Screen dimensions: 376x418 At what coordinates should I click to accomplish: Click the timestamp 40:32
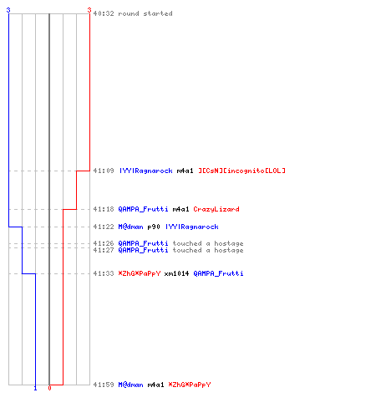pyautogui.click(x=104, y=13)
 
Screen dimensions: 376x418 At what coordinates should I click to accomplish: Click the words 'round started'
pyautogui.click(x=145, y=13)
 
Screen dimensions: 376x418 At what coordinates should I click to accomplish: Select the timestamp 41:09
pyautogui.click(x=104, y=171)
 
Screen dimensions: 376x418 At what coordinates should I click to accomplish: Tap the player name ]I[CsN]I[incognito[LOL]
pyautogui.click(x=241, y=171)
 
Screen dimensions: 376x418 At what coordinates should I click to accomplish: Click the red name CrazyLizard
pyautogui.click(x=216, y=209)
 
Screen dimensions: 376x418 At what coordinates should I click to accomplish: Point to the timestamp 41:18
pyautogui.click(x=104, y=209)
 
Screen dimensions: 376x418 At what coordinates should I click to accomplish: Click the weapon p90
pyautogui.click(x=154, y=227)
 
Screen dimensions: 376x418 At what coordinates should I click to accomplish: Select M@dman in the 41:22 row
pyautogui.click(x=130, y=227)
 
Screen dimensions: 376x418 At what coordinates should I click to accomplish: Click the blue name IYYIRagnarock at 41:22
pyautogui.click(x=192, y=227)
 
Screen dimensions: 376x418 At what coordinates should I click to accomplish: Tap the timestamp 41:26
pyautogui.click(x=104, y=243)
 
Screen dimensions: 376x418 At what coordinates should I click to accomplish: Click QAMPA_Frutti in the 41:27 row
pyautogui.click(x=143, y=250)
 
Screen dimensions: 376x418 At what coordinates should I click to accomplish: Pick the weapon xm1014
pyautogui.click(x=176, y=273)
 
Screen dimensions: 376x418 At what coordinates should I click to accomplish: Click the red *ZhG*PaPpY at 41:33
pyautogui.click(x=140, y=273)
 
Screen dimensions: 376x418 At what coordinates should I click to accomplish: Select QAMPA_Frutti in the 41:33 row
pyautogui.click(x=218, y=273)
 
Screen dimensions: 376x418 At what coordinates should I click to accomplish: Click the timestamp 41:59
pyautogui.click(x=104, y=385)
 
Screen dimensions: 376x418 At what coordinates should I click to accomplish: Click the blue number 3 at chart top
pyautogui.click(x=8, y=10)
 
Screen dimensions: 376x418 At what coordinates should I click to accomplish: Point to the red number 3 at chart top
pyautogui.click(x=89, y=10)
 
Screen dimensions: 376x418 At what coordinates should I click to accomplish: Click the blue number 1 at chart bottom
pyautogui.click(x=35, y=388)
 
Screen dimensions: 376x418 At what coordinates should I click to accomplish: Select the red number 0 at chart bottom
pyautogui.click(x=49, y=388)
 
